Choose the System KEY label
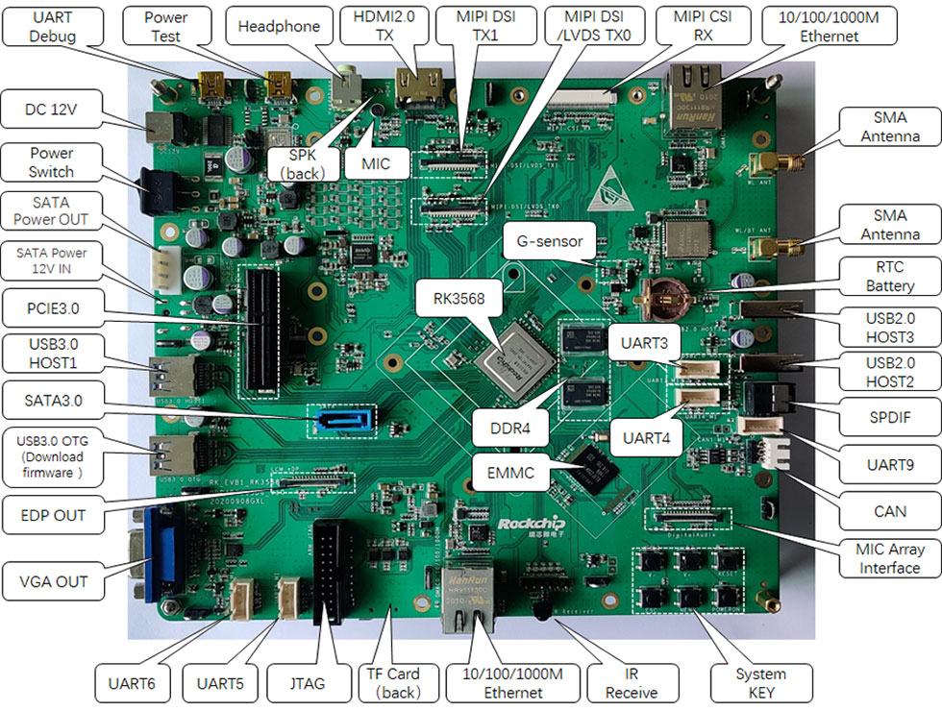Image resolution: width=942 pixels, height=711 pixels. click(x=760, y=684)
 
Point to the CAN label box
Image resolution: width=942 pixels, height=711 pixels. click(x=890, y=511)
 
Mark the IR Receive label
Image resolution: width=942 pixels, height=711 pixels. click(x=632, y=684)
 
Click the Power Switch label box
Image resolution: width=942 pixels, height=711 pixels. click(x=51, y=162)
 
